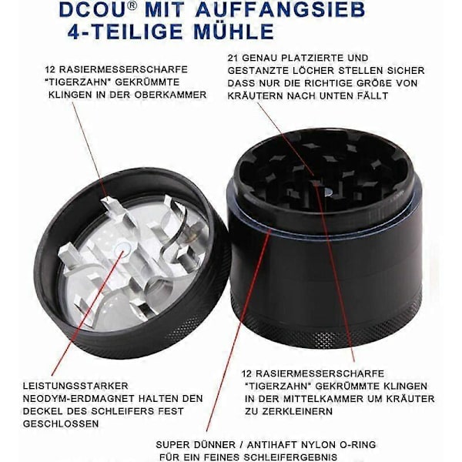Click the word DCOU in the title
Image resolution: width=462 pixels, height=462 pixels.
tap(93, 10)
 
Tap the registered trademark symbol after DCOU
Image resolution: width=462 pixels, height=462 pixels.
tap(133, 6)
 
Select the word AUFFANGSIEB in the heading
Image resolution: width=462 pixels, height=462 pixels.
tap(280, 10)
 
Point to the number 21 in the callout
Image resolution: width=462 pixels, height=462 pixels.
tap(233, 58)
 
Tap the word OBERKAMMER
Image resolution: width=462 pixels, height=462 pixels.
tap(170, 95)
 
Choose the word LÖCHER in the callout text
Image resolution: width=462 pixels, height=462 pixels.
tap(314, 71)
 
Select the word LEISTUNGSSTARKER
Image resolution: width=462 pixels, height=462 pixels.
tap(75, 386)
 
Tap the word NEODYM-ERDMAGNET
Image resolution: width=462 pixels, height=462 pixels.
tap(79, 398)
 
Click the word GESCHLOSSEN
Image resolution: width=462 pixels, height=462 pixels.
tap(61, 423)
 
